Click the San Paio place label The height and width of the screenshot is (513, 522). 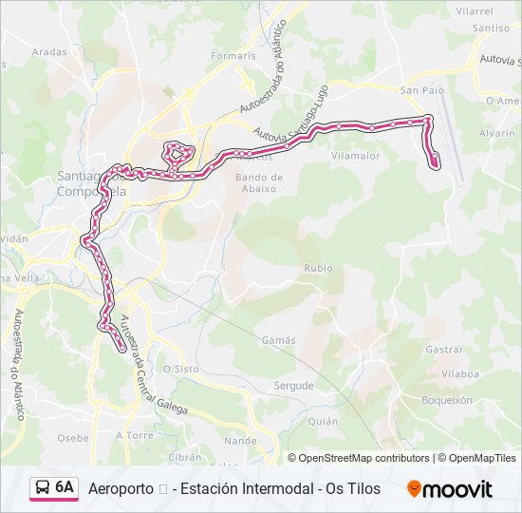(422, 90)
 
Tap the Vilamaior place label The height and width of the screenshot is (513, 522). (356, 156)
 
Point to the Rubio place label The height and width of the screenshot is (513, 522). (318, 269)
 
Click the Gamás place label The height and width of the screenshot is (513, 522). (278, 340)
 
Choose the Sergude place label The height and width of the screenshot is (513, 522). (293, 386)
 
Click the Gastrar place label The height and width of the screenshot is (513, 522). (444, 350)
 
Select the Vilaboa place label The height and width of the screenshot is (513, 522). (459, 374)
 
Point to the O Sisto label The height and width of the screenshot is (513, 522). (180, 369)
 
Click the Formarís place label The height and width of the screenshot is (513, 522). (233, 56)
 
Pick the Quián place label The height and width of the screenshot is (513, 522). (323, 421)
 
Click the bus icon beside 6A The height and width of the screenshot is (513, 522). (43, 488)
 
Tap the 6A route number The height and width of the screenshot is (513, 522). (65, 488)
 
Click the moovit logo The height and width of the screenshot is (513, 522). (450, 489)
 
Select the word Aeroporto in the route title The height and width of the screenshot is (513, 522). (121, 489)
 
